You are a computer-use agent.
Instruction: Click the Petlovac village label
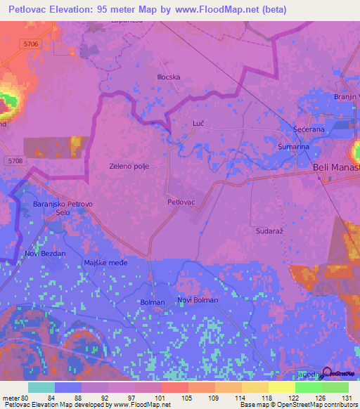click(181, 202)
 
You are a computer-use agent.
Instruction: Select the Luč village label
click(198, 124)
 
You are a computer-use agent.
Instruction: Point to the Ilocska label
click(169, 77)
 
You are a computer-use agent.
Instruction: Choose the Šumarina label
click(292, 147)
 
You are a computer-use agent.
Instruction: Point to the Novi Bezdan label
click(45, 253)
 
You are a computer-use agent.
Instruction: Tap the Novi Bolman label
click(198, 300)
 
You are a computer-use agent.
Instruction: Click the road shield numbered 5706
click(30, 44)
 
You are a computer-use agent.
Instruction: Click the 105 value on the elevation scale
click(188, 398)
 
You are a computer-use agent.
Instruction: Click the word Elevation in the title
click(72, 11)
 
